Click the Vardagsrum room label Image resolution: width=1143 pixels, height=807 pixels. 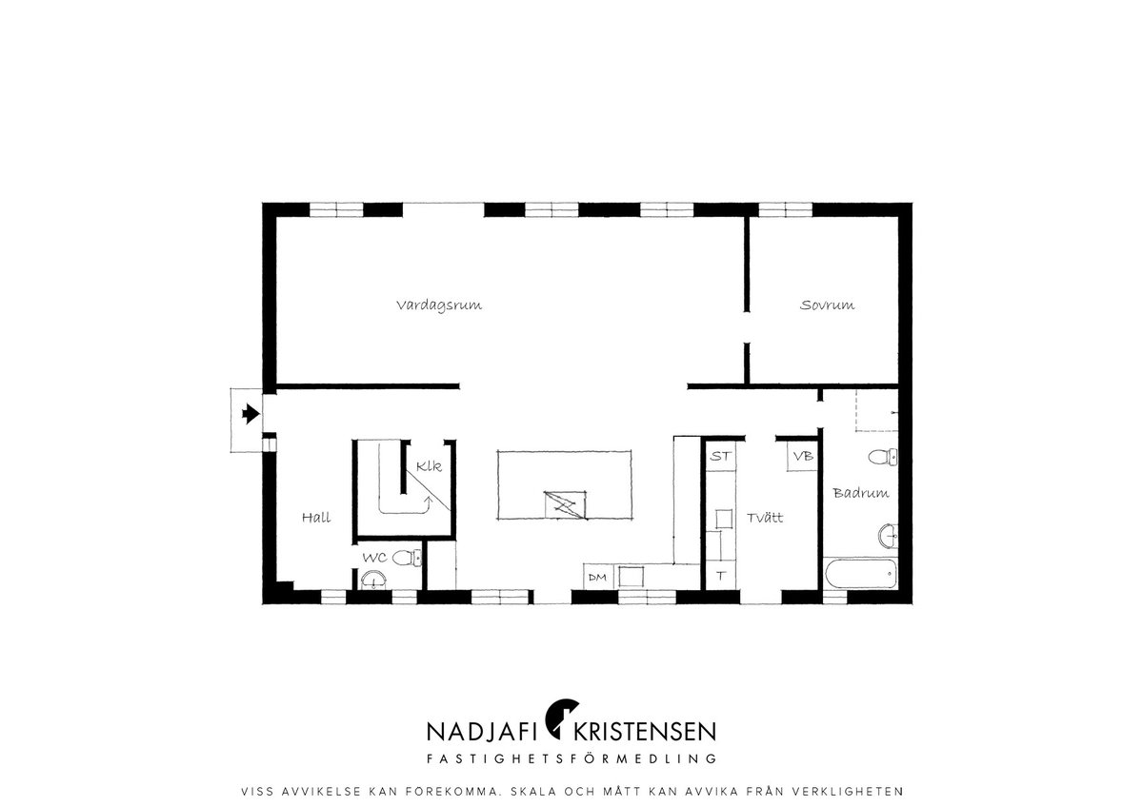coord(439,305)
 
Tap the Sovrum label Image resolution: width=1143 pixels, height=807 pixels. coord(827,305)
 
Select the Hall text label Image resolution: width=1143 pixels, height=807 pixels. coord(316,518)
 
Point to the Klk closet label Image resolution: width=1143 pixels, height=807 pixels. coord(429,466)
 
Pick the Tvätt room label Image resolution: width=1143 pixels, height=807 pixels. coord(765,518)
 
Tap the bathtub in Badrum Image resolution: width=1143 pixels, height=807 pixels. coord(861,574)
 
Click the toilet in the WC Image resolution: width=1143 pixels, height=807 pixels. coord(408,558)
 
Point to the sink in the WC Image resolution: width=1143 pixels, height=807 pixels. coord(373,580)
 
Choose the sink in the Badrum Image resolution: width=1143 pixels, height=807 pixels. coord(888,536)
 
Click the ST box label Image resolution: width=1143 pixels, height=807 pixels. coord(720,456)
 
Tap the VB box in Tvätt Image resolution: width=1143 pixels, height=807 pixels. coord(803,456)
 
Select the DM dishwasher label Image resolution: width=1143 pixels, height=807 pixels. coord(597,578)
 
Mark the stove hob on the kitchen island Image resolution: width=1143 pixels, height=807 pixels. coord(566,505)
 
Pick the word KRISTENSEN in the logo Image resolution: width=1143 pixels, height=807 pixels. coord(645,732)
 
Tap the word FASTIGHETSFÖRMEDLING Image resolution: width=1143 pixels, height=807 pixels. coord(571,758)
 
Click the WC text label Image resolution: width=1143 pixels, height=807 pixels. coord(374,558)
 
